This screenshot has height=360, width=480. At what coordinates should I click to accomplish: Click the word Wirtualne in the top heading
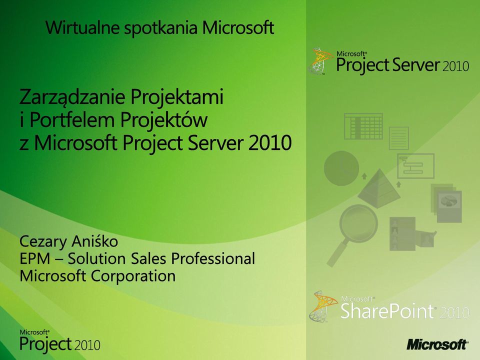[x=82, y=27]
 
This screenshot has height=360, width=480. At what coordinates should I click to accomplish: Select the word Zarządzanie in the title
[x=72, y=97]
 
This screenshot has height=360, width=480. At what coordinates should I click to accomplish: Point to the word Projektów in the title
[x=164, y=120]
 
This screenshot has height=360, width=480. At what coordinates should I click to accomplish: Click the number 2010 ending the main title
[x=269, y=143]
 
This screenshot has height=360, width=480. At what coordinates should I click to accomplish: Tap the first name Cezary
[x=43, y=242]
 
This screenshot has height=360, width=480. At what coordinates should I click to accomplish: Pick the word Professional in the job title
[x=213, y=258]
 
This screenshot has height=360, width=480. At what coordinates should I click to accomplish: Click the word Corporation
[x=133, y=276]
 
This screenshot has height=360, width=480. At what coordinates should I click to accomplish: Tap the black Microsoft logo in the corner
[x=437, y=344]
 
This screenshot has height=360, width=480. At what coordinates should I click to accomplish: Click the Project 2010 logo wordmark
[x=60, y=341]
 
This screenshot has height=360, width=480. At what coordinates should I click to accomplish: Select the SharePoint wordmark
[x=387, y=310]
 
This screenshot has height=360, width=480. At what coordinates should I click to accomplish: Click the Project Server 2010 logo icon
[x=320, y=61]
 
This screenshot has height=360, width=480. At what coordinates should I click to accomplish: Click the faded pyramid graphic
[x=379, y=188]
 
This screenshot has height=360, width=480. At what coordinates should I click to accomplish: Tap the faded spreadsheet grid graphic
[x=363, y=126]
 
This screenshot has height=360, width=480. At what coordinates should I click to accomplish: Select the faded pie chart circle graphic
[x=341, y=168]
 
